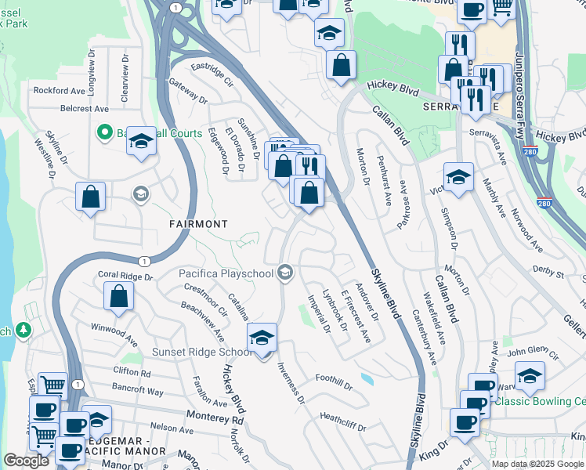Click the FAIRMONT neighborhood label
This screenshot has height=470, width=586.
(198, 224)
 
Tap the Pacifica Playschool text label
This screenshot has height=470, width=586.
(226, 273)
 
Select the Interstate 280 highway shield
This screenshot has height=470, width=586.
(530, 150)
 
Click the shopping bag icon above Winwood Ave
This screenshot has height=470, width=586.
(118, 295)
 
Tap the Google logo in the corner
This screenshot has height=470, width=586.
(26, 461)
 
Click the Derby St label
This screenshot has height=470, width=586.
(549, 275)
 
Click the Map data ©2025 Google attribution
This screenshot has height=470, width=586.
(537, 464)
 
